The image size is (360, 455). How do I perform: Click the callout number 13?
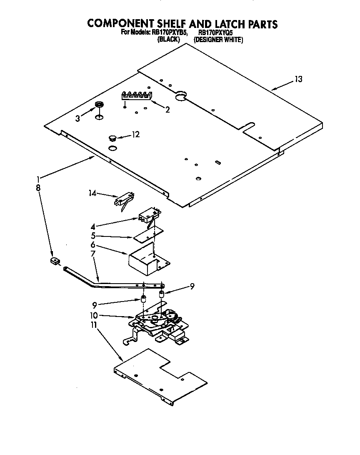pos(298,79)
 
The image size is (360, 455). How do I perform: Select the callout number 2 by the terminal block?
pos(167,110)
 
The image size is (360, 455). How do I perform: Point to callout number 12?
pos(135,134)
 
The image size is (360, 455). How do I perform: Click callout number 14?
pos(92,193)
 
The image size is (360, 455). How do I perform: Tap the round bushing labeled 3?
pos(99,105)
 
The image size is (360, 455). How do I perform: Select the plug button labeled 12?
pos(112,137)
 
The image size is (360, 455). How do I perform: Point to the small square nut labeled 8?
pos(54,261)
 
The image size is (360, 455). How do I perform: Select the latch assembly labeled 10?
pos(158,323)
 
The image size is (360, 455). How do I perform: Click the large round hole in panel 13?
pos(180,97)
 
